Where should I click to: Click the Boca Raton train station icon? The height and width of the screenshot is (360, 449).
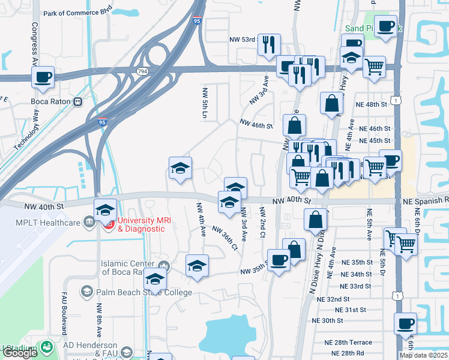point(77,101)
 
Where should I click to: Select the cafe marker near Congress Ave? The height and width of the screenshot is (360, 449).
point(43,77)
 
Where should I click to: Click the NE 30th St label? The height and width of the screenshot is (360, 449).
point(327,320)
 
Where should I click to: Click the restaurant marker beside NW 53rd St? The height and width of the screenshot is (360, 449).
point(268,44)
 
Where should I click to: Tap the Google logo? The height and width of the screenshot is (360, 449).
point(20,353)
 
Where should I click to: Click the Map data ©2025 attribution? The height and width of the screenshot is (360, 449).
point(423,355)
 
